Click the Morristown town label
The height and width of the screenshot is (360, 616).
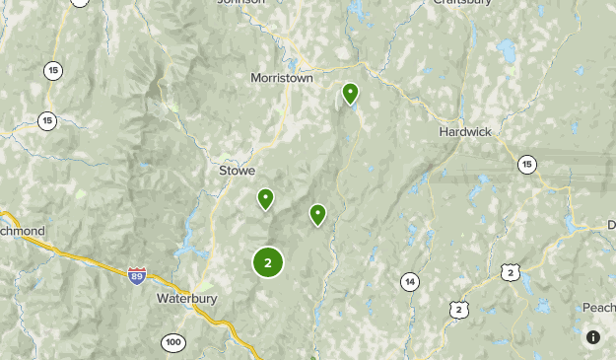click(x=281, y=77)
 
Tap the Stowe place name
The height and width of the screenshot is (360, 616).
click(x=237, y=170)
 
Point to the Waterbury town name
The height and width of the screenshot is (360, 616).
click(x=186, y=297)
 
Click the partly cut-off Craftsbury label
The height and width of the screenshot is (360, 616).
click(x=462, y=3)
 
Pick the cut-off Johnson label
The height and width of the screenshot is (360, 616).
click(x=241, y=3)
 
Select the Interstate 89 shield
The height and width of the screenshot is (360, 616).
click(x=138, y=276)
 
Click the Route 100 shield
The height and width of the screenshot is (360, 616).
click(x=172, y=342)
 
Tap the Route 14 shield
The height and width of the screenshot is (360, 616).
click(x=409, y=282)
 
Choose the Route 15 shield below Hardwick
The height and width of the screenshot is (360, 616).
click(x=527, y=164)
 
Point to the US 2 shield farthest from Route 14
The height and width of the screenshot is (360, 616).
click(x=509, y=271)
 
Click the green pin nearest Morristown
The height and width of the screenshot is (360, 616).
click(x=350, y=94)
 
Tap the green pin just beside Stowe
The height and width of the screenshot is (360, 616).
click(x=265, y=199)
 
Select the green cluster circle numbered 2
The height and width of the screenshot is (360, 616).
click(x=268, y=262)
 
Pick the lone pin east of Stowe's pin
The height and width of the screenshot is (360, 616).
click(x=317, y=214)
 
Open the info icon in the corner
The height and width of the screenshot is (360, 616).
click(x=593, y=337)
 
